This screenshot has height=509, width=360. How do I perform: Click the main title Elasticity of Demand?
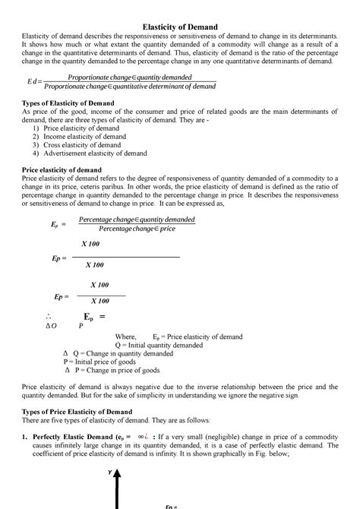click(x=180, y=27)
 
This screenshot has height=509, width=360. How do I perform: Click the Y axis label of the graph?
click(x=109, y=472)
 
